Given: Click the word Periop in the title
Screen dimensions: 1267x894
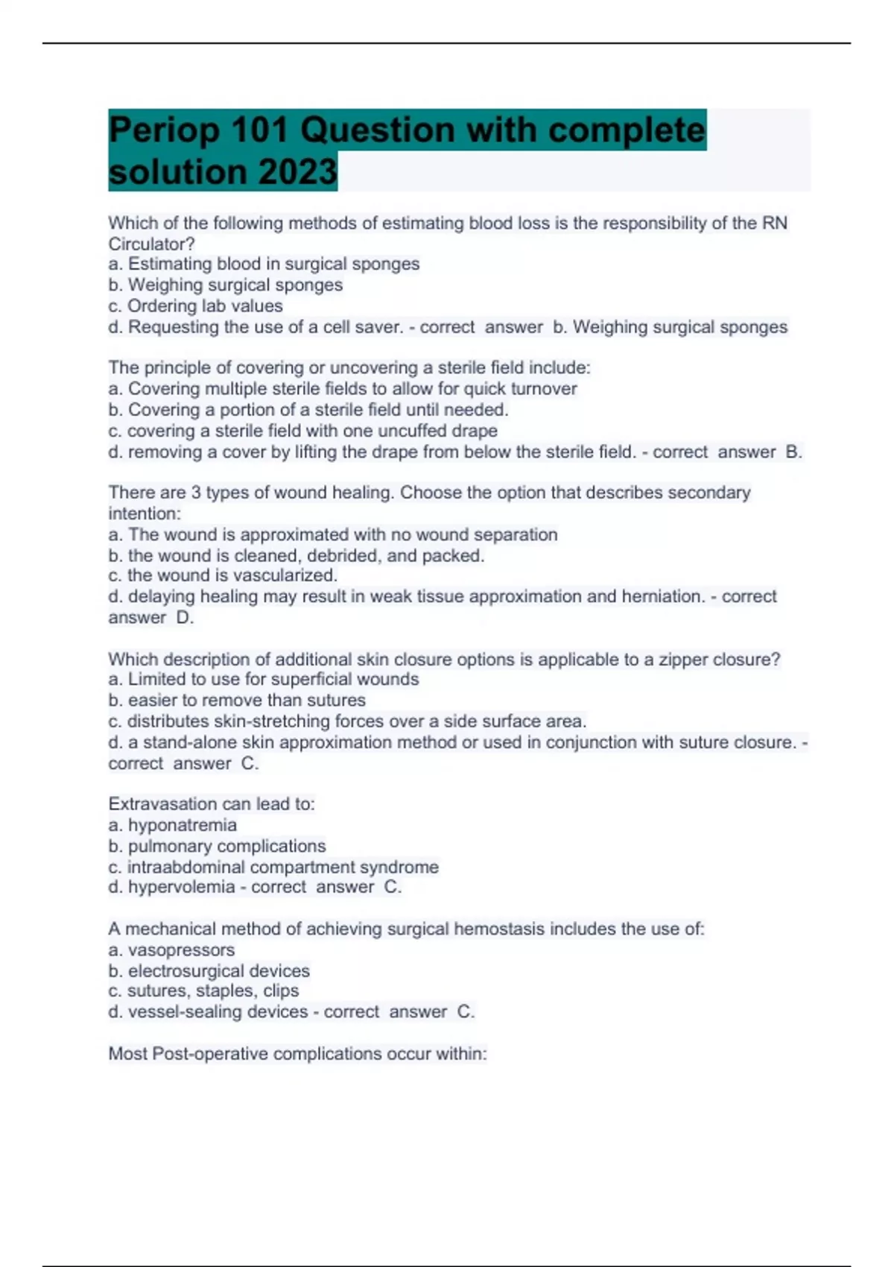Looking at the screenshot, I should [165, 130].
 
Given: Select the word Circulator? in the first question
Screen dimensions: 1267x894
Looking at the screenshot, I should [151, 244].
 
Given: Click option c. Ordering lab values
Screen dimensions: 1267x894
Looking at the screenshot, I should [195, 306].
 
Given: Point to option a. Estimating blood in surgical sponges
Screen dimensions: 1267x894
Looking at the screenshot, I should [264, 264].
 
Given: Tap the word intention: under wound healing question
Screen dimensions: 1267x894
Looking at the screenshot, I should [145, 514].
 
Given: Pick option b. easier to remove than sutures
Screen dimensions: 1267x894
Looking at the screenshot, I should [237, 700].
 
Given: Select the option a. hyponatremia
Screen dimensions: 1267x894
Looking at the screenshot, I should [173, 825].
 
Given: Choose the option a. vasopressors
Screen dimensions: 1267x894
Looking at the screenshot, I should [171, 950].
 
